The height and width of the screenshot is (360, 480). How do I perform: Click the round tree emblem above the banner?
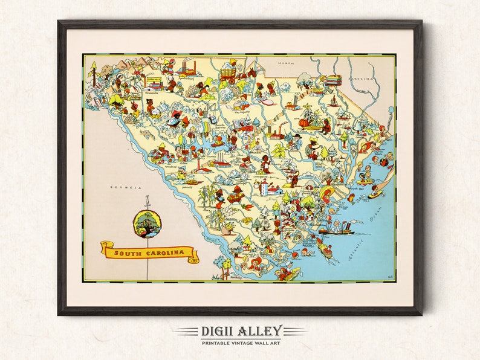148,223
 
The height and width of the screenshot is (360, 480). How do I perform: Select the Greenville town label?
152,94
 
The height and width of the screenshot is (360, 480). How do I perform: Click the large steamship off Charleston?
336,230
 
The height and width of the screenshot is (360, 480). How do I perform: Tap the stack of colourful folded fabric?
334,80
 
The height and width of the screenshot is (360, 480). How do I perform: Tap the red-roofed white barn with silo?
270,188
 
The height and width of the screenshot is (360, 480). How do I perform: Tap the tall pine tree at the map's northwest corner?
92,69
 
